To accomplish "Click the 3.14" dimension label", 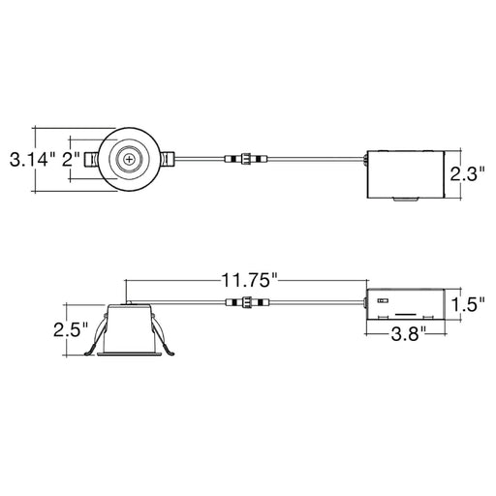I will tap(28, 159).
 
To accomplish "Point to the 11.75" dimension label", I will tap(246, 281).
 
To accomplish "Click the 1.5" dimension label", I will tap(468, 304).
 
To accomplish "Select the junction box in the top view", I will tap(401, 172).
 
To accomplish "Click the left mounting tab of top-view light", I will tap(92, 159).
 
